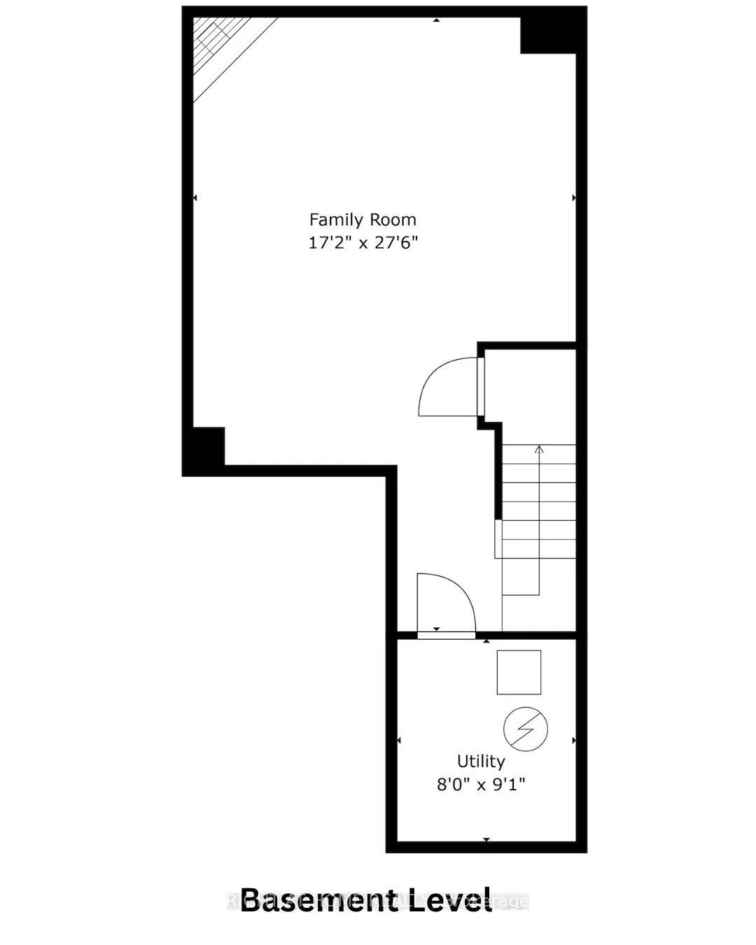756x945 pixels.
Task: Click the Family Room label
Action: pyautogui.click(x=363, y=220)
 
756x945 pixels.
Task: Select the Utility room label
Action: pyautogui.click(x=481, y=761)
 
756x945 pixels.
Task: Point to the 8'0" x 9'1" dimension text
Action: pyautogui.click(x=481, y=784)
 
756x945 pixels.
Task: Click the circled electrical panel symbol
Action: pyautogui.click(x=526, y=729)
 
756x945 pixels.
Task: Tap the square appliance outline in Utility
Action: pyautogui.click(x=519, y=672)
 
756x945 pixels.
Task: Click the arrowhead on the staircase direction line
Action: pyautogui.click(x=539, y=449)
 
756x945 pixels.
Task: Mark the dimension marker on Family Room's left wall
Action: pyautogui.click(x=195, y=198)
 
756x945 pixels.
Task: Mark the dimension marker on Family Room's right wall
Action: pyautogui.click(x=574, y=198)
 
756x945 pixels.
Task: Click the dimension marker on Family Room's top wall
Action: pyautogui.click(x=436, y=20)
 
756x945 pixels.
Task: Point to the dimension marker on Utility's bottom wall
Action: pyautogui.click(x=486, y=839)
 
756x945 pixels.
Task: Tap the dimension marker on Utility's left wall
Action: pyautogui.click(x=399, y=740)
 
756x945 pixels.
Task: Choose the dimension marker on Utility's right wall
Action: pyautogui.click(x=574, y=740)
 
